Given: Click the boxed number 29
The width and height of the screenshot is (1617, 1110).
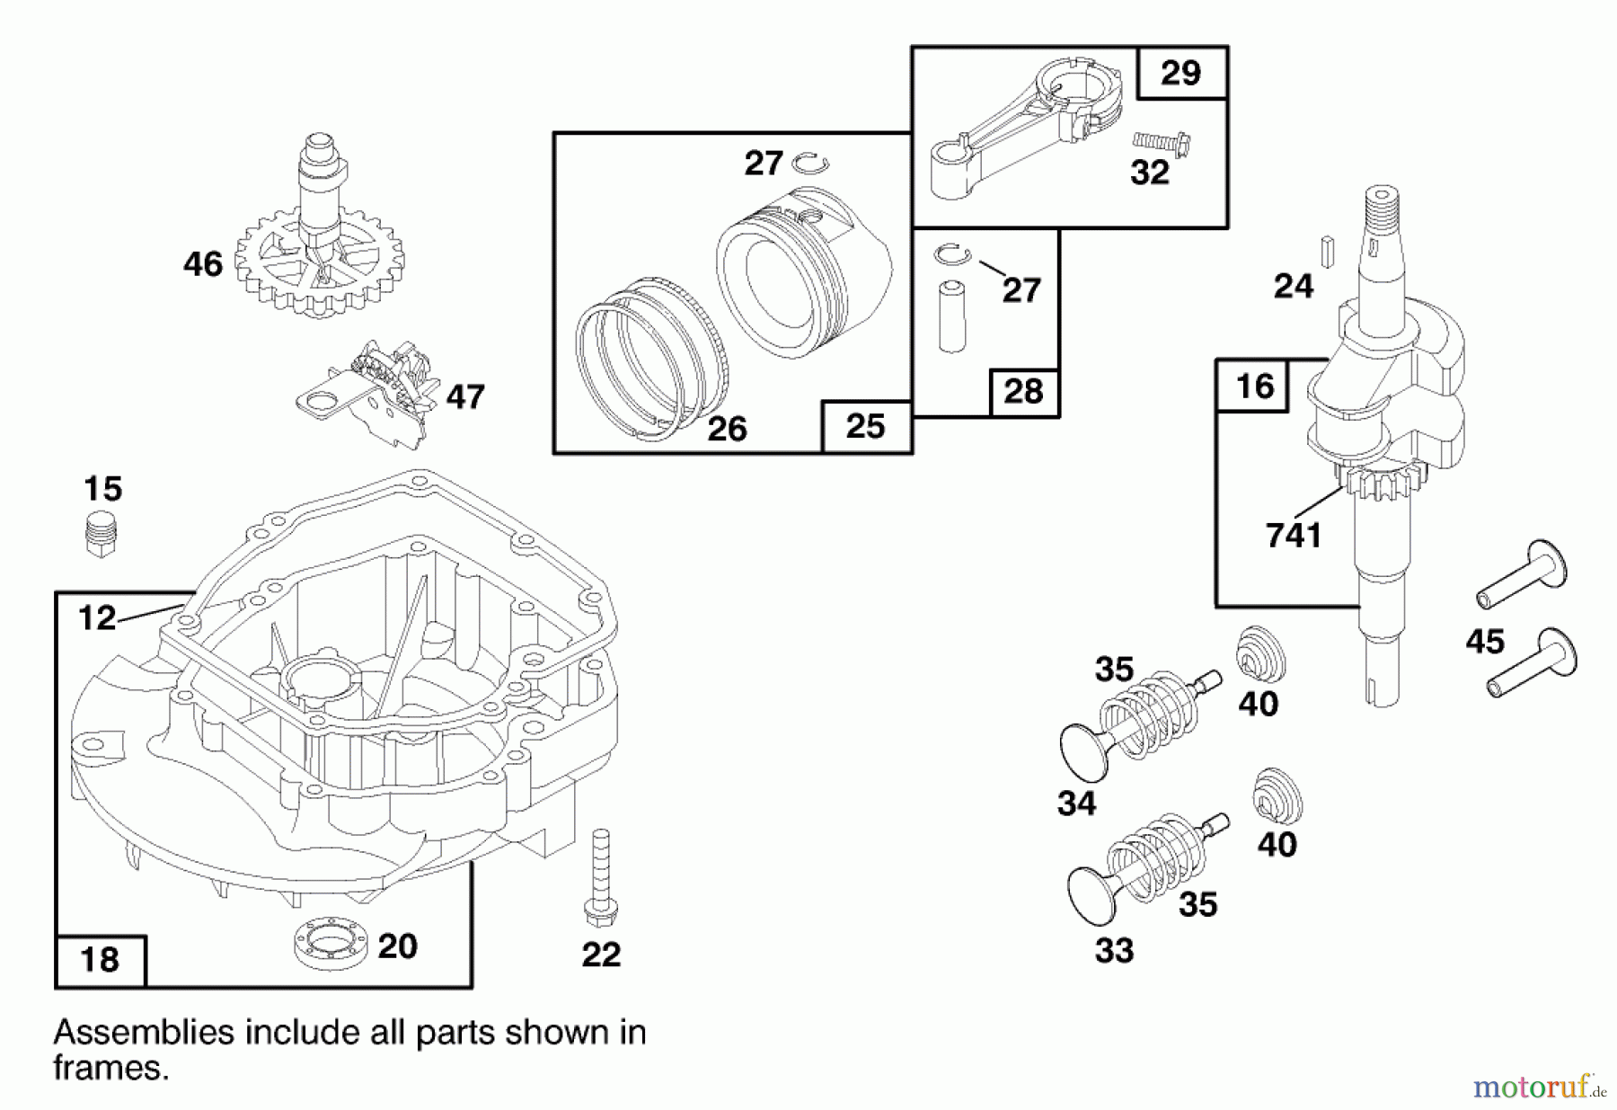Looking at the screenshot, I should click(1180, 73).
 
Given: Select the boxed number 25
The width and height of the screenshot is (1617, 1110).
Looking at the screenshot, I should click(865, 426).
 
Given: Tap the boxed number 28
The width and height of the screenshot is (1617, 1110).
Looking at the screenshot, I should click(1023, 392).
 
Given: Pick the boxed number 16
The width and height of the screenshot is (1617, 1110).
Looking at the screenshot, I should click(1254, 386).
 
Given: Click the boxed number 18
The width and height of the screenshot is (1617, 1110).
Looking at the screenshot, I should click(100, 960).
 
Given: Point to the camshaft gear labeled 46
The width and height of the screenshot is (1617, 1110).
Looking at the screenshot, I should click(319, 261).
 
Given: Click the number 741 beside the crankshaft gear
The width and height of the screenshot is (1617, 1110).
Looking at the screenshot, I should click(1294, 536).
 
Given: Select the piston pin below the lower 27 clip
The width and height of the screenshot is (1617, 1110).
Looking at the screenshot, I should click(951, 315).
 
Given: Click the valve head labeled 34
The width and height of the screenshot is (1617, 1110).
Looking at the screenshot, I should click(1084, 747).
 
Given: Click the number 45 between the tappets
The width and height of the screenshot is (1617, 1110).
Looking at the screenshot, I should click(1484, 642).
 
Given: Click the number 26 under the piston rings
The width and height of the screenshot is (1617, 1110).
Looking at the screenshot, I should click(727, 429).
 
